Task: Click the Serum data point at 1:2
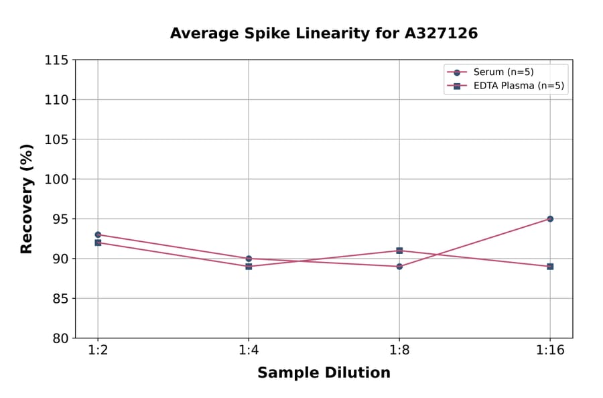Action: [98, 235]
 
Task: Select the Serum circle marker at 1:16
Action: [550, 218]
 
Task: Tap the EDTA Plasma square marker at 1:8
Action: [399, 251]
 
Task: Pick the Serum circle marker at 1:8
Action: [399, 267]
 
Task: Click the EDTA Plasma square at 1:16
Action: [550, 267]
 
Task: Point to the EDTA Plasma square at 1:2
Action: [98, 243]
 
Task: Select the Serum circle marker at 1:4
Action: [249, 259]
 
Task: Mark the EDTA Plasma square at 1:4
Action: [249, 267]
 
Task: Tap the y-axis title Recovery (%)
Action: [27, 198]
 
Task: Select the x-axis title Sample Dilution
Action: [324, 373]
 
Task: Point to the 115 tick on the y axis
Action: [56, 60]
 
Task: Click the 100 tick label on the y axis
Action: [56, 180]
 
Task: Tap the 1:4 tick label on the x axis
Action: [249, 351]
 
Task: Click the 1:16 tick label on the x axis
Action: [550, 351]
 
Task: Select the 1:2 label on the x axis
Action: [98, 351]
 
